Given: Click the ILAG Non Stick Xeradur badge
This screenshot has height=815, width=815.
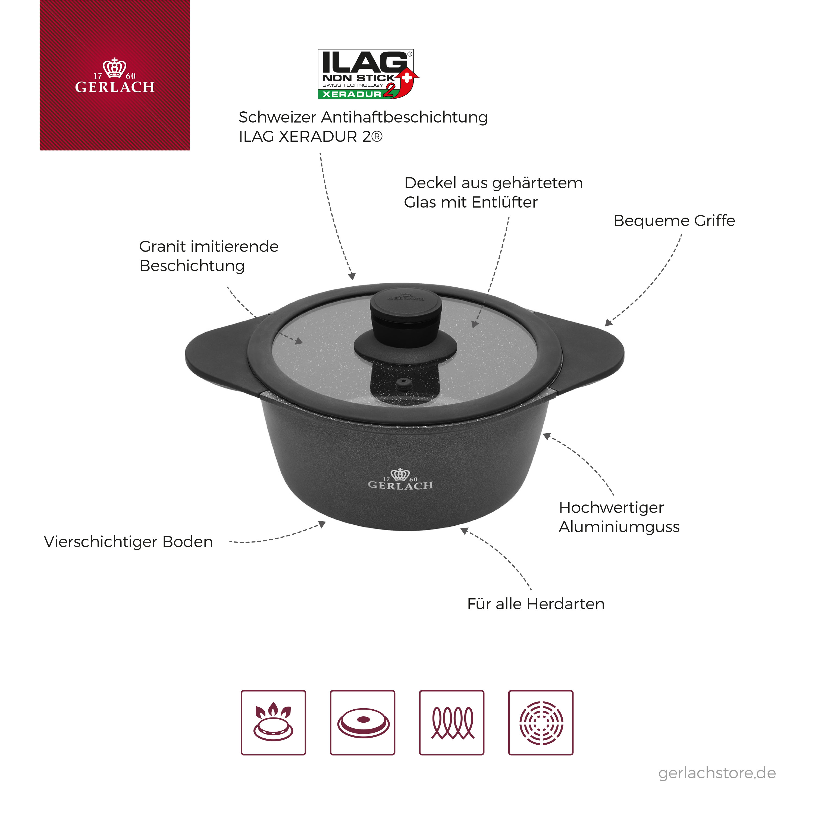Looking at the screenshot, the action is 368,74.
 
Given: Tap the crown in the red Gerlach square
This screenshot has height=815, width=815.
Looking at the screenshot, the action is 114,68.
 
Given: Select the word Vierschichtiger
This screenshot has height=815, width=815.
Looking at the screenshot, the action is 101,542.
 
